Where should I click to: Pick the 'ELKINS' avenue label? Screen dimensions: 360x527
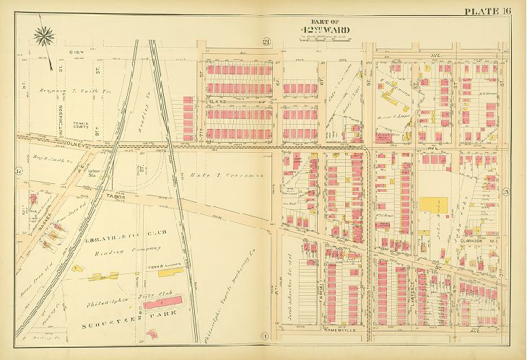coord(219,102)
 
